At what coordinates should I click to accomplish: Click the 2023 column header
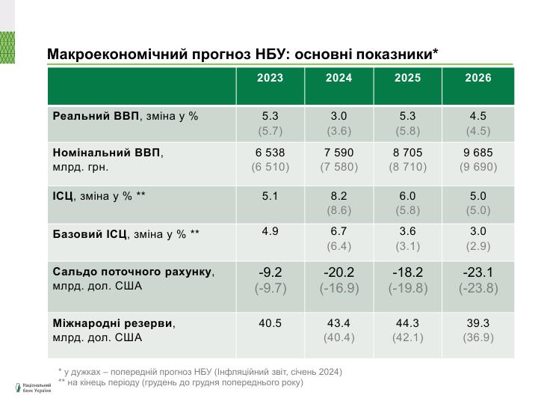pyautogui.click(x=270, y=78)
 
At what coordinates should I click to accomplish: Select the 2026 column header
pyautogui.click(x=477, y=78)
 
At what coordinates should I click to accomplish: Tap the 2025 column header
pyautogui.click(x=408, y=78)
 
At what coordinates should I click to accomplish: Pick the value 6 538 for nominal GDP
pyautogui.click(x=270, y=153)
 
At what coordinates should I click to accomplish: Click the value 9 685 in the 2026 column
pyautogui.click(x=477, y=153)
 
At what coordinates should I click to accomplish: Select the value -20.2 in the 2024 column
pyautogui.click(x=339, y=272)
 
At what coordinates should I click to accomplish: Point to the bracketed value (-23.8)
pyautogui.click(x=477, y=288)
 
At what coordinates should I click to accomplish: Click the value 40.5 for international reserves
pyautogui.click(x=270, y=323)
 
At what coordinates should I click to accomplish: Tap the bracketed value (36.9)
pyautogui.click(x=477, y=337)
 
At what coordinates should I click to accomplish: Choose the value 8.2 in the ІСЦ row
pyautogui.click(x=339, y=196)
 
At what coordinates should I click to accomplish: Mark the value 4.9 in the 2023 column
pyautogui.click(x=270, y=231)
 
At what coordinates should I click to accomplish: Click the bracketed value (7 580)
pyautogui.click(x=339, y=167)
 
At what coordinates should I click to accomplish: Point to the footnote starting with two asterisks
pyautogui.click(x=180, y=382)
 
